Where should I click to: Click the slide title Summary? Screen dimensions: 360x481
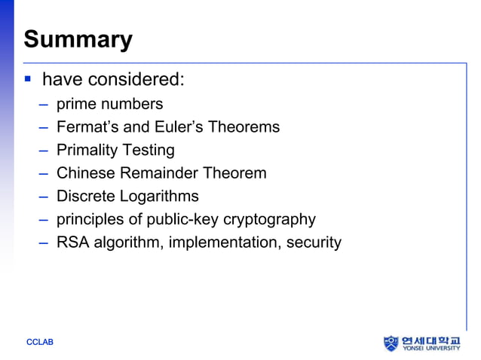point(78,39)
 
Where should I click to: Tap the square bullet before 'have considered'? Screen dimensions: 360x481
point(28,78)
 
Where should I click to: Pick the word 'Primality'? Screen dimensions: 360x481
point(86,151)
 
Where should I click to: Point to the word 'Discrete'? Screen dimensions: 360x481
point(86,197)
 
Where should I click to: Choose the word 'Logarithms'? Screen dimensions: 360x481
point(159,197)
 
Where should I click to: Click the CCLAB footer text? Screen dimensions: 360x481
point(40,343)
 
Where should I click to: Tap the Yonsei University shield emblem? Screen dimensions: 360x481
point(391,343)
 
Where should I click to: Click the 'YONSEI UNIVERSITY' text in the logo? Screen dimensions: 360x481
point(430,349)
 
